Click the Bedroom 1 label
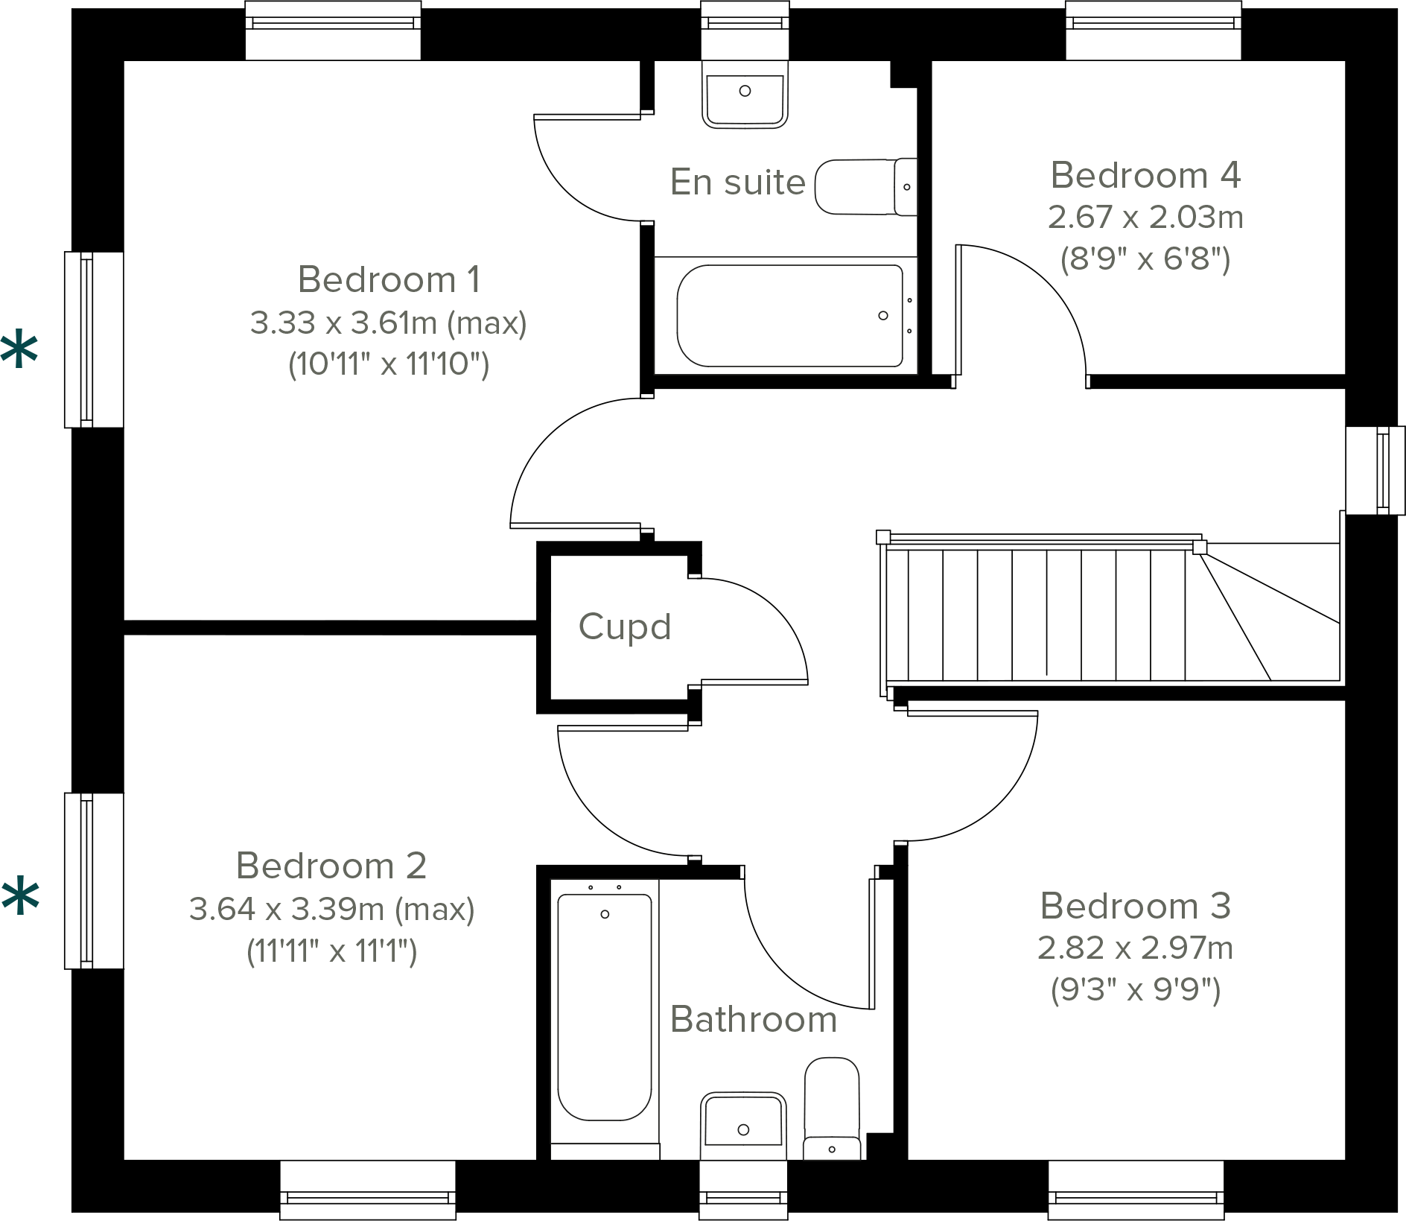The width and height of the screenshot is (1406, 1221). click(389, 280)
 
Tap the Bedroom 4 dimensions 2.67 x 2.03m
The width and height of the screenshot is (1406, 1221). click(1145, 218)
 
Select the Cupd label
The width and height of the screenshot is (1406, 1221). click(624, 627)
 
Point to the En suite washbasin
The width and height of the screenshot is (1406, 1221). click(745, 95)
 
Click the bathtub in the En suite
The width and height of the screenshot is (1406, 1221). click(789, 316)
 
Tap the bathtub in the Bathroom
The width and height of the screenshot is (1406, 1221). click(604, 1006)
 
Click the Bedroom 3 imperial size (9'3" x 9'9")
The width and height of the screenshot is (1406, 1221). click(1135, 990)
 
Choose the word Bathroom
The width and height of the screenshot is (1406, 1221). click(753, 1019)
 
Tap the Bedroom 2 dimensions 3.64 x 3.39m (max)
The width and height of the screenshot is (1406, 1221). click(331, 909)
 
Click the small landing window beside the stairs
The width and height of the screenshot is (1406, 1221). click(1376, 470)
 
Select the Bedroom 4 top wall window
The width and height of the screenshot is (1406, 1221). click(1153, 31)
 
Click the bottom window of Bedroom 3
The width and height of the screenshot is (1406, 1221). click(1136, 1189)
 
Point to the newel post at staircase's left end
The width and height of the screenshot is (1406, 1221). click(883, 537)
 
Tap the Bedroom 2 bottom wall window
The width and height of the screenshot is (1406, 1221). click(368, 1189)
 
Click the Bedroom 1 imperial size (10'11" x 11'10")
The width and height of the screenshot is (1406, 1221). click(389, 364)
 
